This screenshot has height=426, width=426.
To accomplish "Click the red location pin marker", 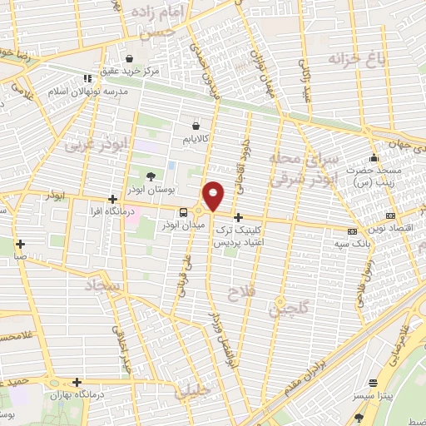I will click(215, 196).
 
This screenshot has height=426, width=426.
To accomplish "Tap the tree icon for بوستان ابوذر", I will click(151, 176).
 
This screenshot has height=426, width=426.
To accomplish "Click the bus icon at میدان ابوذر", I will click(185, 211).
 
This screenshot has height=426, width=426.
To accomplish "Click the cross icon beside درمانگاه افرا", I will click(113, 200).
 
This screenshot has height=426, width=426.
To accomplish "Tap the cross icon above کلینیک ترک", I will click(239, 216).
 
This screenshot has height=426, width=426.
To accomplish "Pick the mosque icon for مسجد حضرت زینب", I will click(375, 158).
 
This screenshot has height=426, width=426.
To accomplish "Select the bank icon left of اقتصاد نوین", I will click(352, 230).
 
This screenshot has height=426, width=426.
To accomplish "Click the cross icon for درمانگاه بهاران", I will click(77, 383).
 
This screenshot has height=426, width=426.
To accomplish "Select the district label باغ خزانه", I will click(357, 59).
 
